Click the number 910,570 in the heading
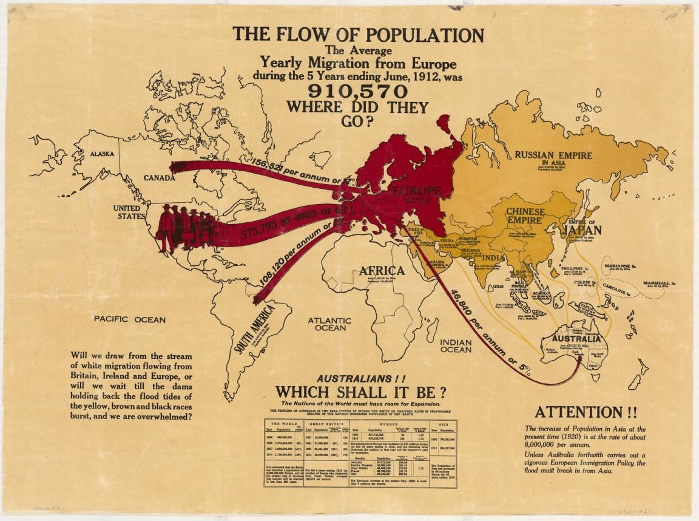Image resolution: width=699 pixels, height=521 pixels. (358, 91)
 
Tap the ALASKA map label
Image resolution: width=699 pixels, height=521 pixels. (102, 154)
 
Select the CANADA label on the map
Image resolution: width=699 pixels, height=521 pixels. (160, 178)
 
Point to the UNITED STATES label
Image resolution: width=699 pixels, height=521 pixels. (129, 212)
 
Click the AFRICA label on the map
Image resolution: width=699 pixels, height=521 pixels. (382, 270)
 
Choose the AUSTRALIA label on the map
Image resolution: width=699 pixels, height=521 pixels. (576, 339)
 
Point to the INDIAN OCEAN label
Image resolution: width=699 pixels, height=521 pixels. (456, 346)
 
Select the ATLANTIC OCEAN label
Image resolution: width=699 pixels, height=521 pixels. (329, 324)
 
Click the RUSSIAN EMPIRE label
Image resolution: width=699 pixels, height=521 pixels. (553, 155)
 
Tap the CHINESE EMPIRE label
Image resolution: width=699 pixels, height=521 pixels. (525, 216)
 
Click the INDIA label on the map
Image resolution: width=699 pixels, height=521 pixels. (493, 257)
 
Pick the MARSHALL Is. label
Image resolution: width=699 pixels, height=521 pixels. (660, 283)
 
